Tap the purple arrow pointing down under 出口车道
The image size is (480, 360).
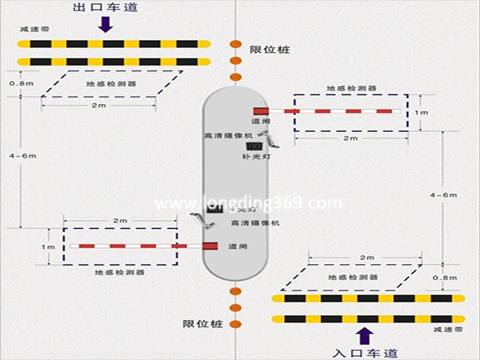coord(104,24)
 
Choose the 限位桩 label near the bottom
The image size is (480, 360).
coord(202,323)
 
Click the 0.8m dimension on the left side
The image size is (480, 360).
coord(16,83)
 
